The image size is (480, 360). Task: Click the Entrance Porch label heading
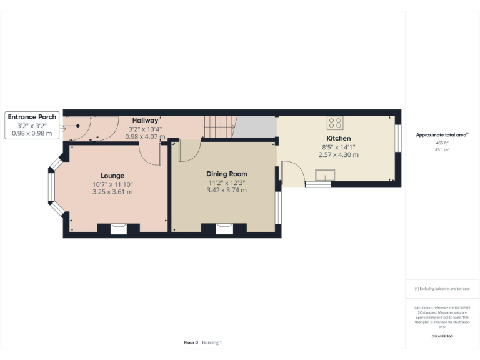tap(32, 117)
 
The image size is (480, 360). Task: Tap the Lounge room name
tap(112, 176)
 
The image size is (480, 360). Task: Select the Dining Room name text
tap(227, 174)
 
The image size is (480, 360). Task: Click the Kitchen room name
tap(339, 138)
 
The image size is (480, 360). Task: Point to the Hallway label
tap(144, 119)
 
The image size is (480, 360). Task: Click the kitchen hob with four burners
tap(335, 122)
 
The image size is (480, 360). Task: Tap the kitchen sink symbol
tap(324, 175)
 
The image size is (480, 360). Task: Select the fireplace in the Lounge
tap(118, 228)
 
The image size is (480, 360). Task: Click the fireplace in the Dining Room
tap(224, 228)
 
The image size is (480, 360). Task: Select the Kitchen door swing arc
tap(291, 172)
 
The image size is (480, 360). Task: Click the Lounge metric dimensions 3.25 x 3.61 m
tap(112, 192)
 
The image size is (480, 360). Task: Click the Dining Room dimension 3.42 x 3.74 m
tap(227, 190)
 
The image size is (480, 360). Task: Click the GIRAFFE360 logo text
tap(442, 336)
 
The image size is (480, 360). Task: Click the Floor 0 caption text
tap(191, 342)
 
